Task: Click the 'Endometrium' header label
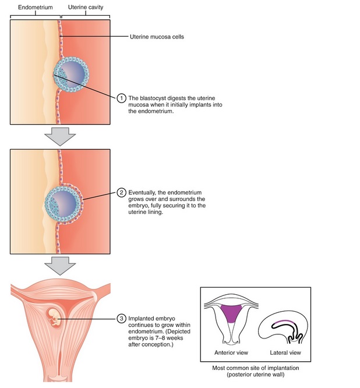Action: pyautogui.click(x=36, y=8)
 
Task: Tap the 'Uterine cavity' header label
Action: pyautogui.click(x=86, y=8)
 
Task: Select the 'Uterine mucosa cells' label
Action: pyautogui.click(x=157, y=37)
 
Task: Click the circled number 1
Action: pyautogui.click(x=121, y=98)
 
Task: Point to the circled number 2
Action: pyautogui.click(x=121, y=192)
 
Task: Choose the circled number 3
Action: pyautogui.click(x=121, y=319)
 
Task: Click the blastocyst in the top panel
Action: pyautogui.click(x=71, y=74)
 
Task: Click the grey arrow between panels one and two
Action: pyautogui.click(x=60, y=136)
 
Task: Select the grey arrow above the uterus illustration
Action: pyautogui.click(x=60, y=266)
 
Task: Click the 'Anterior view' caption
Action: pyautogui.click(x=231, y=352)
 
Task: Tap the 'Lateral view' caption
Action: pyautogui.click(x=285, y=352)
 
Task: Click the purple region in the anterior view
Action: pyautogui.click(x=231, y=313)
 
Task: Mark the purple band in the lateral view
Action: pyautogui.click(x=284, y=322)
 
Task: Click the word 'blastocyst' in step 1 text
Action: pyautogui.click(x=152, y=98)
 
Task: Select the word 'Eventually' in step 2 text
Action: pyautogui.click(x=142, y=192)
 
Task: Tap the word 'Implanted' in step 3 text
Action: pyautogui.click(x=139, y=319)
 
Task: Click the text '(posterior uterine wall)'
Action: pyautogui.click(x=256, y=375)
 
